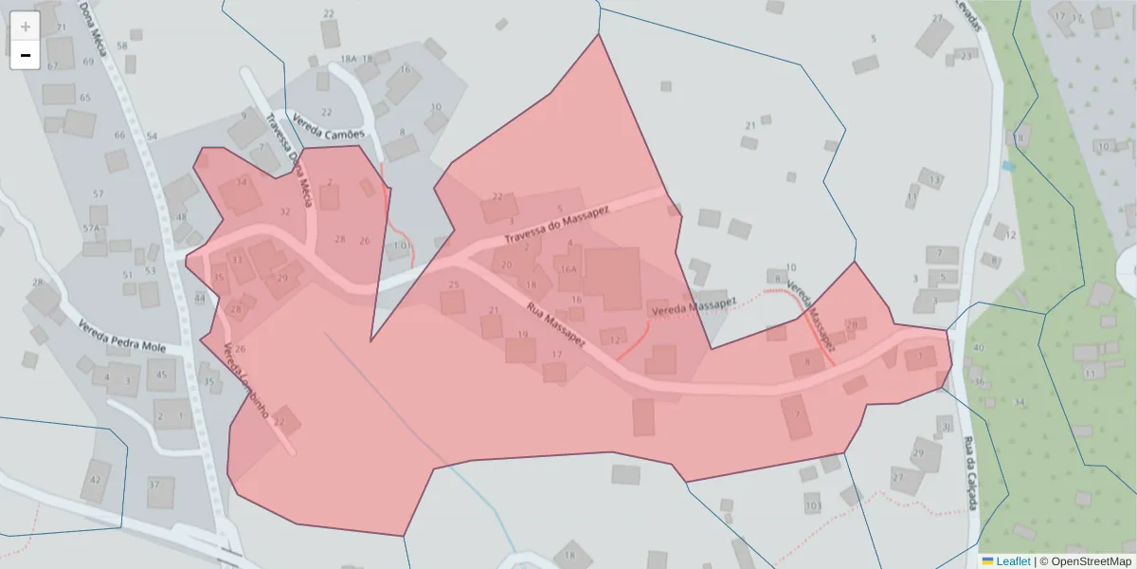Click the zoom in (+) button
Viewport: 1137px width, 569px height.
point(26,27)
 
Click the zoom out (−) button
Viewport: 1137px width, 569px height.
point(26,55)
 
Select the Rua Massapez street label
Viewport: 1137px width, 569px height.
point(556,324)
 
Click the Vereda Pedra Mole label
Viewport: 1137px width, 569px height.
point(120,339)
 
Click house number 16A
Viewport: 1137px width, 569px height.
point(568,269)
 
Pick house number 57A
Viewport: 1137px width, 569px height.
point(91,229)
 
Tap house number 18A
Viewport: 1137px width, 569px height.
point(349,59)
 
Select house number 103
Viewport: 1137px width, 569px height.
point(812,506)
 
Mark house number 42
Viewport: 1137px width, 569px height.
point(95,480)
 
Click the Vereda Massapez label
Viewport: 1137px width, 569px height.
point(693,306)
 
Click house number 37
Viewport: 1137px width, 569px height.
point(153,485)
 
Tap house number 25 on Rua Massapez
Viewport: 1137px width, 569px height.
point(454,284)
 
